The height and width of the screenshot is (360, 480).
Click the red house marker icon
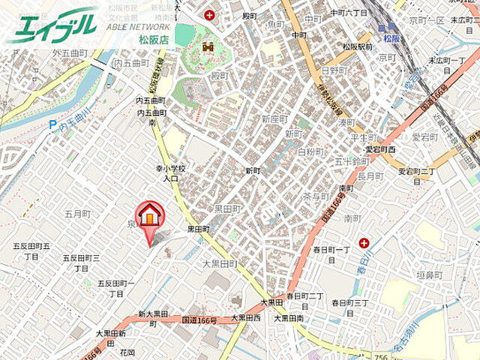click(150, 216)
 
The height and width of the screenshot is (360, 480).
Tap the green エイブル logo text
click(52, 25)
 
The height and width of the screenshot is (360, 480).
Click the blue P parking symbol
click(52, 127)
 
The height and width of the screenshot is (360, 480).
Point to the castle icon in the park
click(207, 47)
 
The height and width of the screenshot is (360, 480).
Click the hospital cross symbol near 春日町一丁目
click(364, 242)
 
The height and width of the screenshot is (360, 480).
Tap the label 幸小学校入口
click(166, 174)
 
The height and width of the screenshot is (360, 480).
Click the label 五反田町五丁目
click(31, 250)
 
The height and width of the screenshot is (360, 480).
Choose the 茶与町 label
click(316, 196)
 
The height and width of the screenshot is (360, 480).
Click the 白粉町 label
click(310, 151)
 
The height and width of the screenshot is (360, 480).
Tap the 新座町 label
click(274, 119)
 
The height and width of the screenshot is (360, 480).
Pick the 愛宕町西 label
click(380, 149)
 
